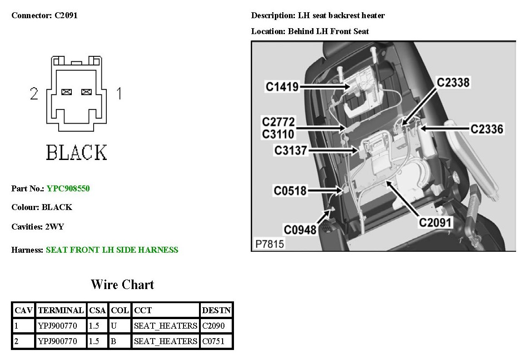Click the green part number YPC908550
coord(68,188)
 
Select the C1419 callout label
coord(282,86)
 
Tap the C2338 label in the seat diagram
coord(453,82)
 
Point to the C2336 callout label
coord(487,129)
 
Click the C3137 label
coord(291,150)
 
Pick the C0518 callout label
coord(290,191)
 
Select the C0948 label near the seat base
coord(300,229)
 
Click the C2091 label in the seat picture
coord(435,222)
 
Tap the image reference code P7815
coord(270,244)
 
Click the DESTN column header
coord(216,310)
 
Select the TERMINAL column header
coord(61,310)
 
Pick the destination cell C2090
coord(213,325)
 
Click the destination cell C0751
coord(213,341)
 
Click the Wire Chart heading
coord(122,285)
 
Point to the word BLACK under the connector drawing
coord(76,153)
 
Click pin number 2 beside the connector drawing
coord(34,94)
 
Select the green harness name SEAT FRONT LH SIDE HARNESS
coord(112,250)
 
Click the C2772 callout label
coord(278,122)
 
